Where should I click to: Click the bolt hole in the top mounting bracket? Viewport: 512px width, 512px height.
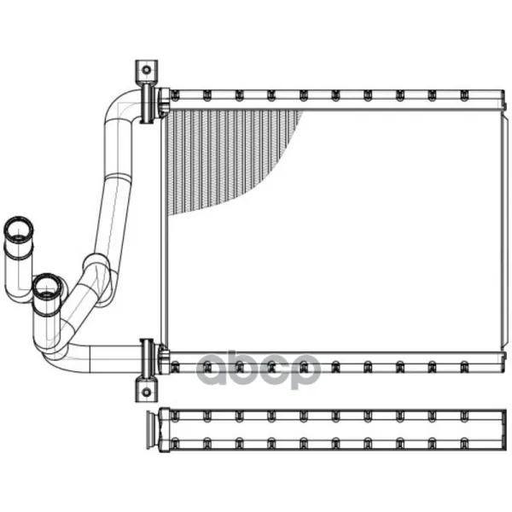[147, 70]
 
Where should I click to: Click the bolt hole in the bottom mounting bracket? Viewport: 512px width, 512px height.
[147, 392]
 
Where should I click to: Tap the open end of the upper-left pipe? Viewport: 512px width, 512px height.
[18, 229]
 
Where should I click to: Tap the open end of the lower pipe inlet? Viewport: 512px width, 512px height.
[47, 287]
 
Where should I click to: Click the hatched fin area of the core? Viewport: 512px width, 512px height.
[222, 157]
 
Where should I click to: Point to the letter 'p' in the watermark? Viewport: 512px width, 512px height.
[305, 372]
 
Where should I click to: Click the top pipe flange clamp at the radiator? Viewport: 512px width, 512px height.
[148, 103]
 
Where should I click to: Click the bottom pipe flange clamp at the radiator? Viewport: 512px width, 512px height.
[148, 358]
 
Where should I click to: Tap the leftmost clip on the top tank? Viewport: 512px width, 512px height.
[175, 95]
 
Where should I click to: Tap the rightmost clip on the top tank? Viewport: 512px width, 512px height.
[464, 95]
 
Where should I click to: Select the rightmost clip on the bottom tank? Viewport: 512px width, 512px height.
[464, 367]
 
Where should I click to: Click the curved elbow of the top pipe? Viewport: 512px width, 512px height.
[121, 105]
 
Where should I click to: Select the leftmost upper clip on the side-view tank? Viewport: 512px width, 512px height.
[175, 416]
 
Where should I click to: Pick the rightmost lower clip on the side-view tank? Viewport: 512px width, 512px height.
[464, 444]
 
